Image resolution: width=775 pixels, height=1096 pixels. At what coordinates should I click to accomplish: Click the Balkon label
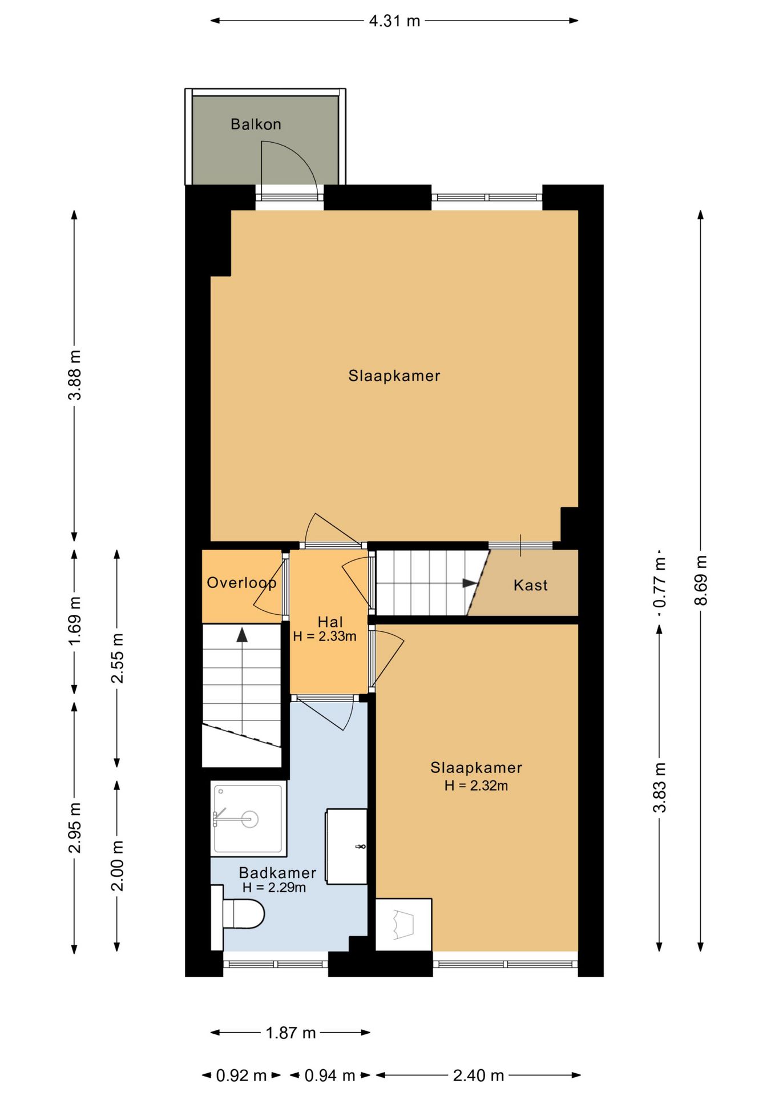coord(256,124)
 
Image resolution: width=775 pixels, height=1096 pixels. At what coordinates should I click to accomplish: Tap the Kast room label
coord(530,585)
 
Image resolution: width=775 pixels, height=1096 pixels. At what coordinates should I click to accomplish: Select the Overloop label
coord(241,583)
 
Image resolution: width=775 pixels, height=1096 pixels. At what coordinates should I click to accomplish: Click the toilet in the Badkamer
coord(239,917)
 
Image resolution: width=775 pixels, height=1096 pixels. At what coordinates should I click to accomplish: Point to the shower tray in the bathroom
coord(249,819)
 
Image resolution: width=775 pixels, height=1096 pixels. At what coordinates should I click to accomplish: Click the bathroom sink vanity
coord(346,847)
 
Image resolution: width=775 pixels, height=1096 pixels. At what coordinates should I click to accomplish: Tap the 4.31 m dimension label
coord(394,21)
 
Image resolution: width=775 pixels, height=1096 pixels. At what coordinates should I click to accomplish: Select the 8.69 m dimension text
coord(701,580)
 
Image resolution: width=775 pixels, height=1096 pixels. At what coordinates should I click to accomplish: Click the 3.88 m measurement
coord(75,375)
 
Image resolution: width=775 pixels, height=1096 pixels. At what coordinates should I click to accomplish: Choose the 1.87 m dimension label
coord(290,1033)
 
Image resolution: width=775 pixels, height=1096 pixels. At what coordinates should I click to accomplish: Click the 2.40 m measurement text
coord(478,1076)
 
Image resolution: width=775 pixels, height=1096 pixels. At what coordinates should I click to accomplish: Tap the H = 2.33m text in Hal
coord(325,636)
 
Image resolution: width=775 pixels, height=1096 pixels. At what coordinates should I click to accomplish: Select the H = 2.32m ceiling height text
coord(476,785)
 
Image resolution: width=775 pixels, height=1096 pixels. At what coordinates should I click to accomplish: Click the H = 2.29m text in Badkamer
coord(274,887)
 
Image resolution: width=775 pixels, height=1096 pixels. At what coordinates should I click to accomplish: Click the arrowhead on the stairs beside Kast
coord(470,583)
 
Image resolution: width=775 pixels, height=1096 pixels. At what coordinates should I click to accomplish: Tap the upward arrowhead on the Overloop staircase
coord(243,635)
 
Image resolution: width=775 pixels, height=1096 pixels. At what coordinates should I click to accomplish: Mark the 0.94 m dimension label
coord(330,1076)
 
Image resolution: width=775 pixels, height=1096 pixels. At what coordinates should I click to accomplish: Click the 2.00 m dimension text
coord(117,866)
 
